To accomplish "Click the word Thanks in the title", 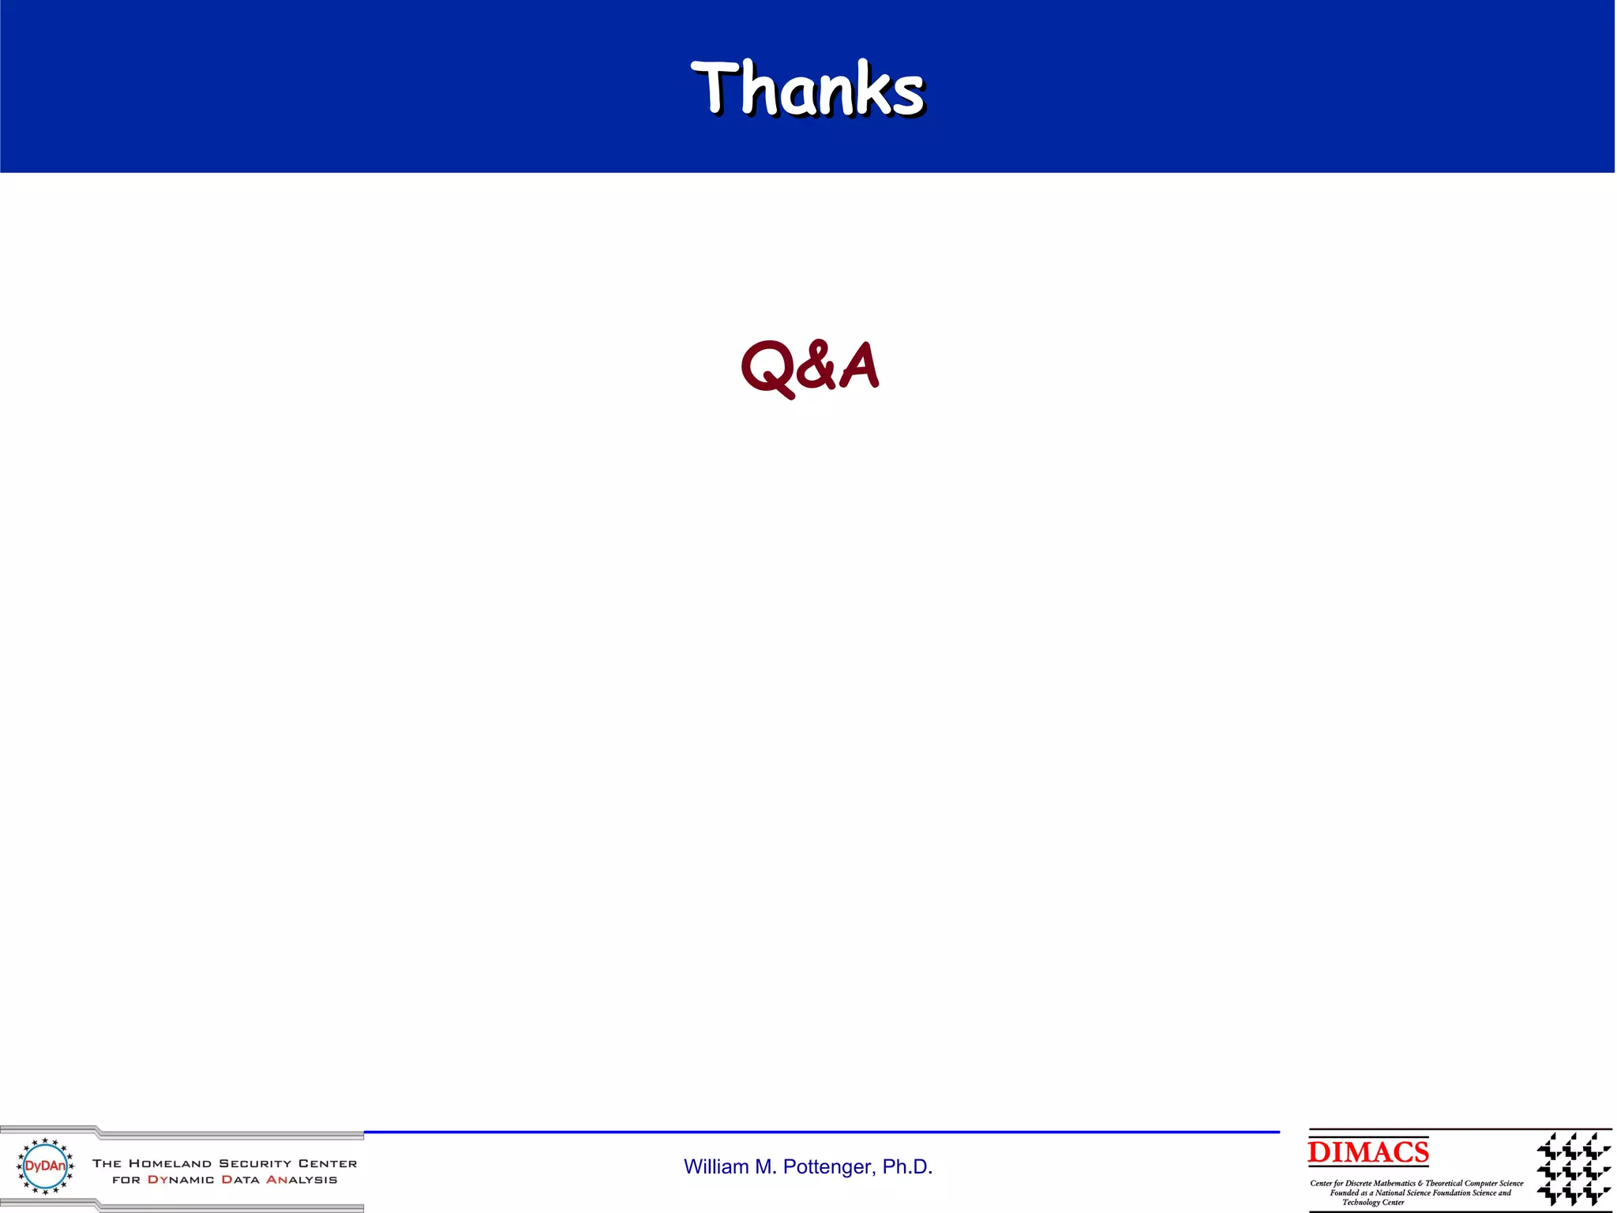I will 808,88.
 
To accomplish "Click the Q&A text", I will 809,366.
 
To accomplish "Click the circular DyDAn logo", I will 46,1166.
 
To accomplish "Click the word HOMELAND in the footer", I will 170,1163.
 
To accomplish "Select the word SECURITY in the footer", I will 255,1163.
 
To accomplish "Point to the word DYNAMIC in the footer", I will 181,1180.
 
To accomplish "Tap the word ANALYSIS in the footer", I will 302,1180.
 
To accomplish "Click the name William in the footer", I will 715,1166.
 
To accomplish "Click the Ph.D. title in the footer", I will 907,1166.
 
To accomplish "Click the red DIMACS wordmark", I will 1368,1152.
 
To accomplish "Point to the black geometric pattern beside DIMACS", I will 1573,1168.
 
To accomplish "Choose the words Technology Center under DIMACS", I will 1373,1202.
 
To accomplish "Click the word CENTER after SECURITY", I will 328,1163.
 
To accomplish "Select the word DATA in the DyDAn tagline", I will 240,1180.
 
